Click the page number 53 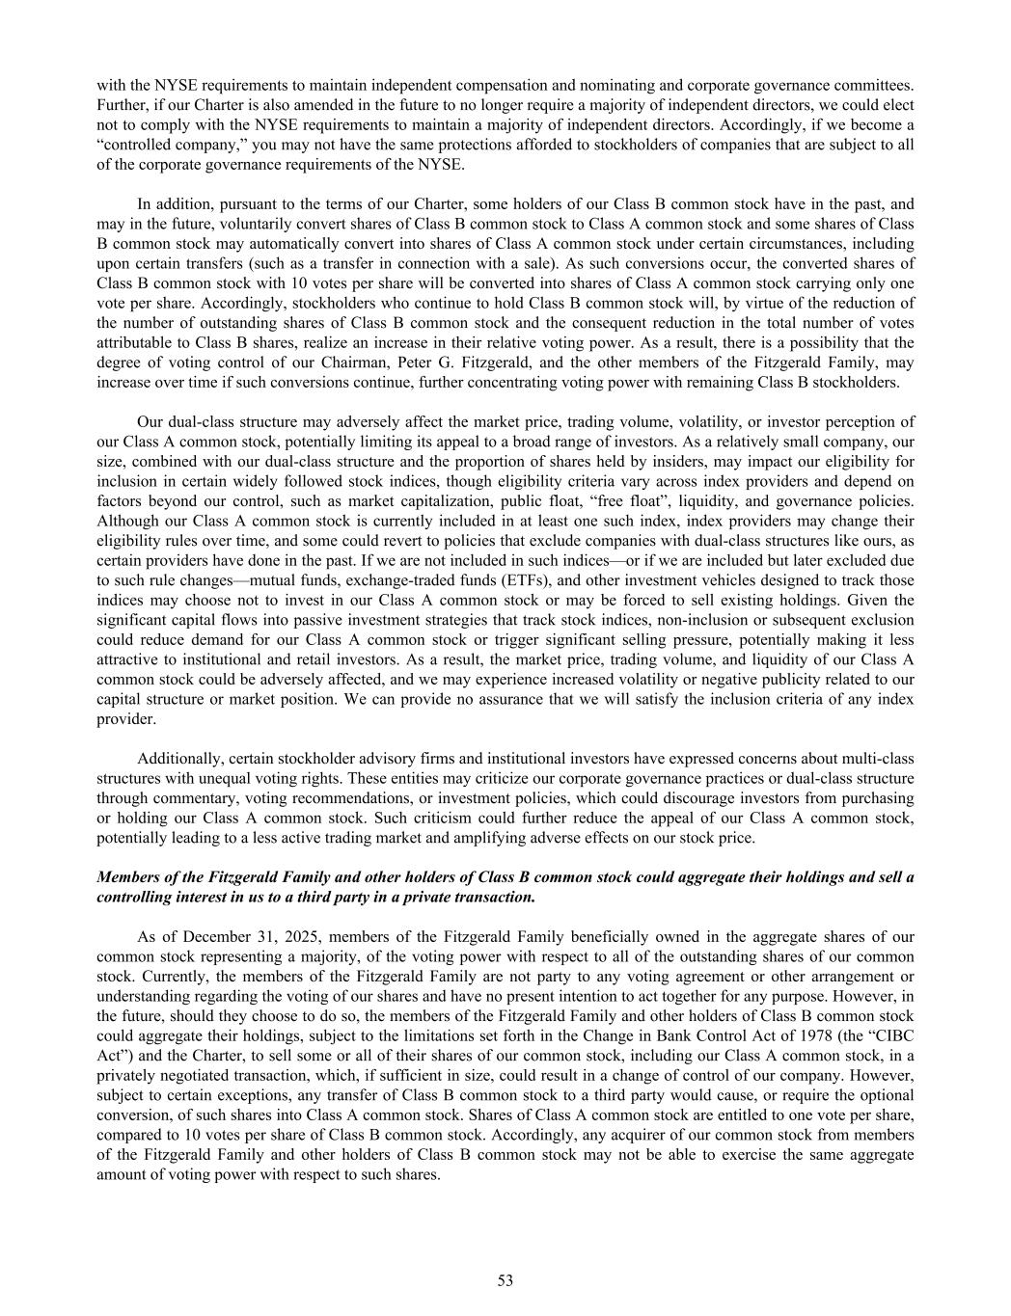pyautogui.click(x=505, y=1280)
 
